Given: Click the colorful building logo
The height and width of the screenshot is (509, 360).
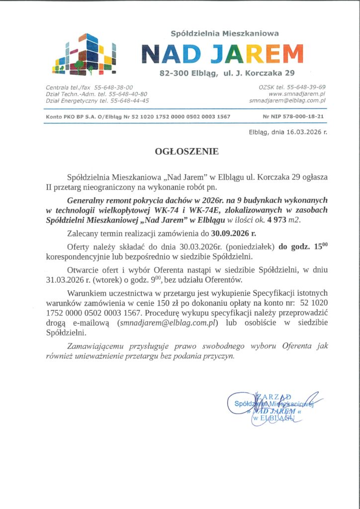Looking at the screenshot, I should pos(86,54).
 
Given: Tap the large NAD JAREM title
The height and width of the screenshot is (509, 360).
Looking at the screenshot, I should pos(222,54).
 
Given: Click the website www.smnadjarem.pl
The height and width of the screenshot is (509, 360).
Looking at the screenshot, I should pos(297,93).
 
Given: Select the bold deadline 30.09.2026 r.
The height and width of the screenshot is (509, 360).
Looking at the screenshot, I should pos(234,233).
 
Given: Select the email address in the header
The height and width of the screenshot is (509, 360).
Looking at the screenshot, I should pos(287,100).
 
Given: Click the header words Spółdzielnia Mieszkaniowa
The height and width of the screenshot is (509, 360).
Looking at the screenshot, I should pos(224,33).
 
